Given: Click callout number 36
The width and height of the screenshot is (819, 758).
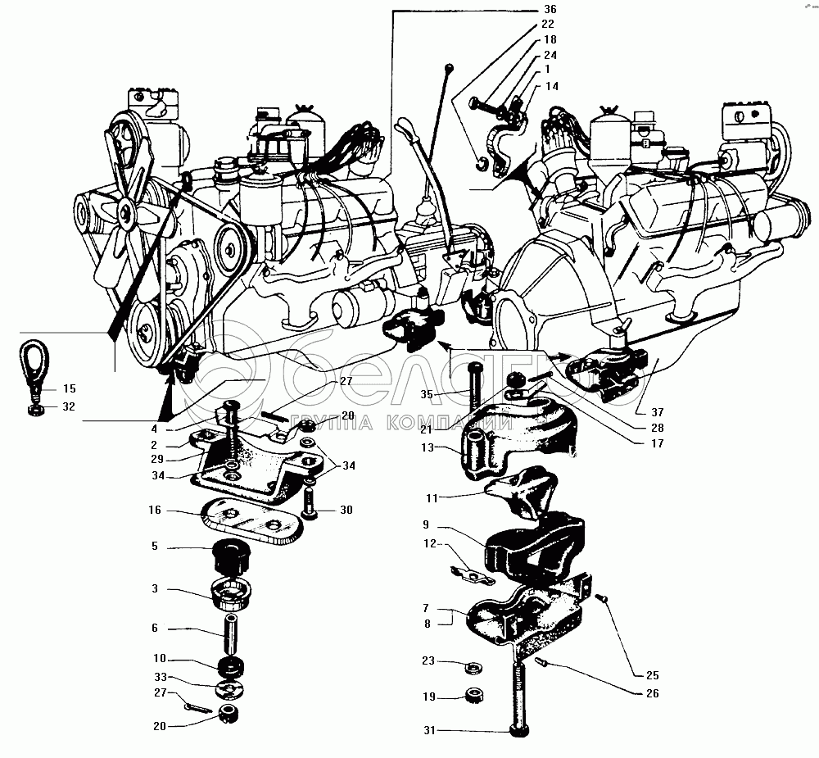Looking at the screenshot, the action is coord(550,9).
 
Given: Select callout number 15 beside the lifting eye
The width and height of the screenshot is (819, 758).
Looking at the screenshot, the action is coord(69,388).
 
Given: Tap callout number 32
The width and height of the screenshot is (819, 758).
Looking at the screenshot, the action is coord(69,406).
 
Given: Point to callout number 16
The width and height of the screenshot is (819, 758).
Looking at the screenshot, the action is coord(155,510).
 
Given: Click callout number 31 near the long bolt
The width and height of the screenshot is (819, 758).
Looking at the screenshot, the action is coord(429,730).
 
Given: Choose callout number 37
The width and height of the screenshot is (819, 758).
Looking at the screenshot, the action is coord(657,412).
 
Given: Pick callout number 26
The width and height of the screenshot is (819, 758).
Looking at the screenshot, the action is coord(653,693).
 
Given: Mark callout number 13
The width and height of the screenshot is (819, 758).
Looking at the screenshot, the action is coord(428,447).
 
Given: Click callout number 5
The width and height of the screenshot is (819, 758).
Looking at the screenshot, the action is coord(155,547).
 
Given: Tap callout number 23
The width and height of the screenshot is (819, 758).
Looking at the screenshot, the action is coord(428,660).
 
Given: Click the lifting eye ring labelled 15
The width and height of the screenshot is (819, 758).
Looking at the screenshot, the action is coord(34,361).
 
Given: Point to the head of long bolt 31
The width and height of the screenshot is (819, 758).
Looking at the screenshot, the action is coord(518,730).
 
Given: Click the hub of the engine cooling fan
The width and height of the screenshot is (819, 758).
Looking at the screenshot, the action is coord(126,211).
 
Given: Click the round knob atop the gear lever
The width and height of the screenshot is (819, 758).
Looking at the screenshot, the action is coord(449,66).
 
